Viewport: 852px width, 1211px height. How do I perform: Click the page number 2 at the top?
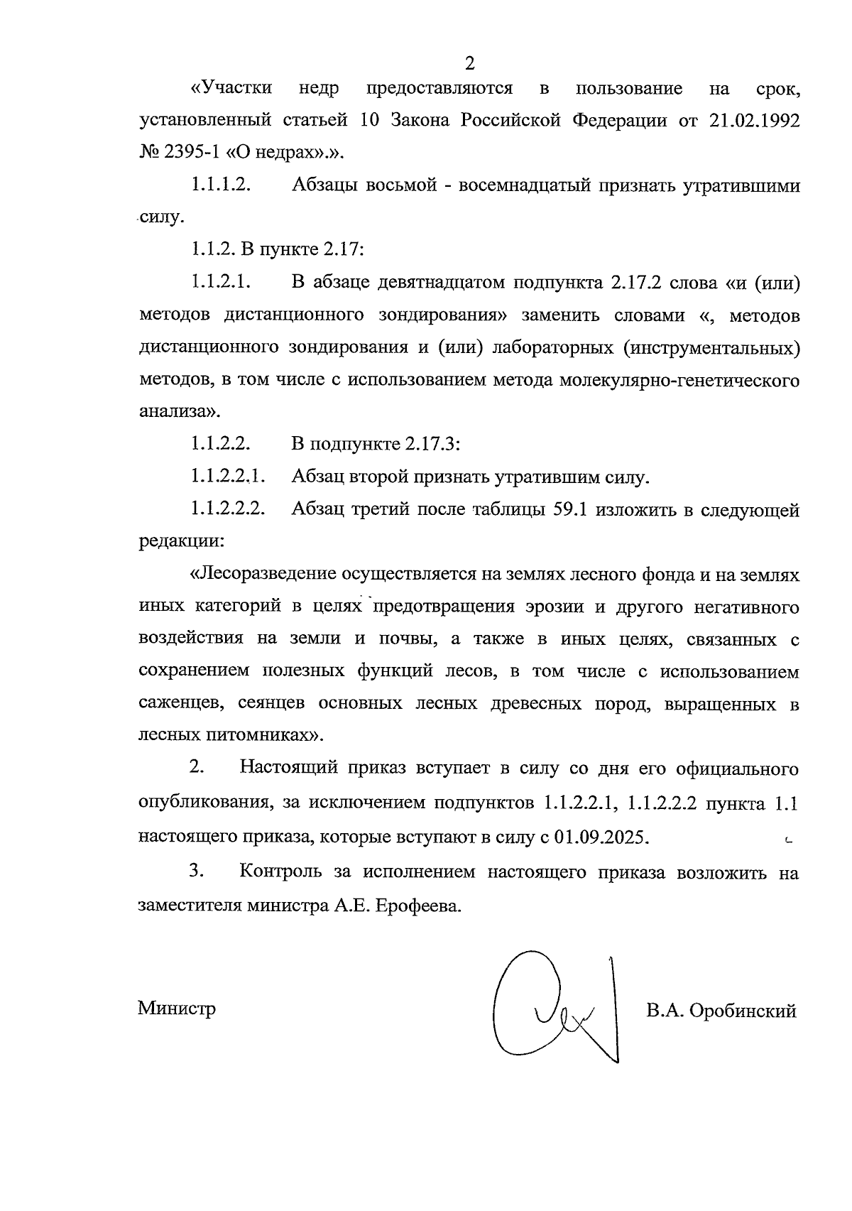point(469,63)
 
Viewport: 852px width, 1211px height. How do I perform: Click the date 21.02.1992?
point(754,121)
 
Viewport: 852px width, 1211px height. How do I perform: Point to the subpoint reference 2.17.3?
point(433,445)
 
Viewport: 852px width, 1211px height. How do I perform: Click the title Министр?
point(177,1009)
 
